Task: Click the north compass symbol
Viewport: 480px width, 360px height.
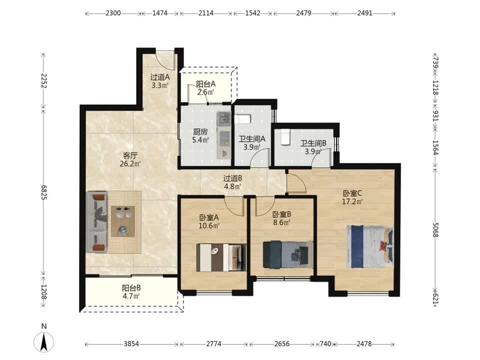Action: pos(44,341)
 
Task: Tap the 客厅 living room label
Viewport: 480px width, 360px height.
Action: pos(130,155)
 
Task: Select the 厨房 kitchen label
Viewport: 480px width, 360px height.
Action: pos(200,132)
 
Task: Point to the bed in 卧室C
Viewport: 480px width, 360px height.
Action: pos(370,246)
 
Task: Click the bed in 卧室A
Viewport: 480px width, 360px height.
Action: pos(221,257)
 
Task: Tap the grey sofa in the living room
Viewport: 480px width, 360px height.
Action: pos(96,222)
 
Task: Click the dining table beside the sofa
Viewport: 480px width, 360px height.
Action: pos(123,221)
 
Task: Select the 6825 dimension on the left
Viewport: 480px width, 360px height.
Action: pos(43,192)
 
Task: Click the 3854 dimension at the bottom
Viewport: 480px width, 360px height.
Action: pos(131,344)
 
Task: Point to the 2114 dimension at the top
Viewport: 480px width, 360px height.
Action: pos(205,13)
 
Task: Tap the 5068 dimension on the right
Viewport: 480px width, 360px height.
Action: pos(436,229)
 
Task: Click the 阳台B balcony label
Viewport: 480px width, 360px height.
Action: pos(131,288)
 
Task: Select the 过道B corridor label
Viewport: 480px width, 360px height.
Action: pos(232,178)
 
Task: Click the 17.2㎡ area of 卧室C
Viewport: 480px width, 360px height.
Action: pos(352,201)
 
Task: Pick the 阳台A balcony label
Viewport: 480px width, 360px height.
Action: pos(205,84)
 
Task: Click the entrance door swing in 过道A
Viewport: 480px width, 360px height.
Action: pos(165,60)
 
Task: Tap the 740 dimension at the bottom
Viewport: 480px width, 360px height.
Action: pos(325,344)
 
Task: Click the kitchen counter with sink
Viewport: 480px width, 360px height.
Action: pos(224,135)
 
